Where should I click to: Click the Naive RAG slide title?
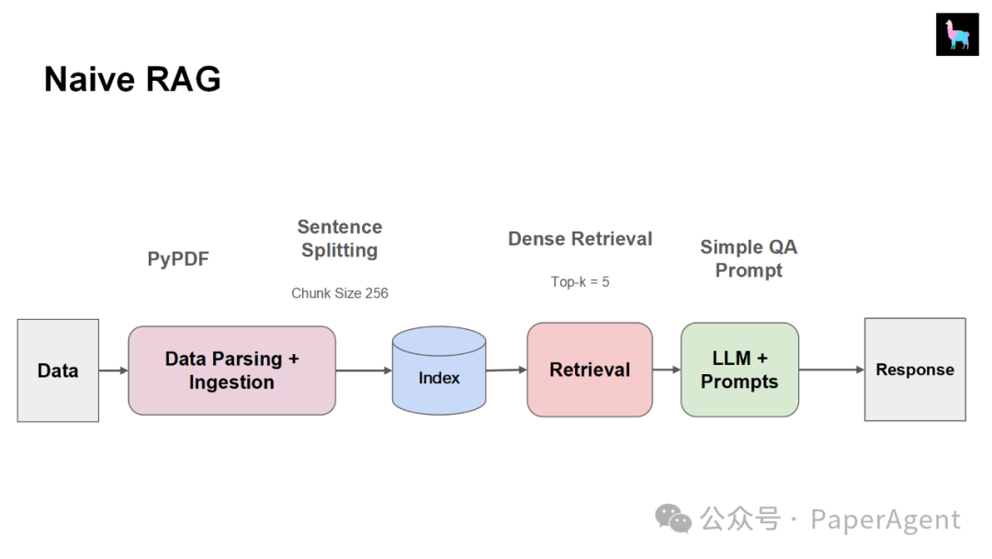[x=132, y=80]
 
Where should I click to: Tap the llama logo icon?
[x=957, y=35]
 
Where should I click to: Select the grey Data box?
[x=58, y=371]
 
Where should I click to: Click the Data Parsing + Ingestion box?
[x=231, y=371]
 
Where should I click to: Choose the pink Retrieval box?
[x=590, y=370]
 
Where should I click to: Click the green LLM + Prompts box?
[x=739, y=370]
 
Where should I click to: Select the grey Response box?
[x=915, y=370]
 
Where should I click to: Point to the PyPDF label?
[x=178, y=259]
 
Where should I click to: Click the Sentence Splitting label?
[x=340, y=238]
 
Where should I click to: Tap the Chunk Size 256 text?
[x=340, y=293]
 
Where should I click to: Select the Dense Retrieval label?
[x=581, y=239]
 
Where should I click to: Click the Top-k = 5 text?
[x=581, y=281]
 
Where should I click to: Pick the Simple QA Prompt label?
[x=749, y=258]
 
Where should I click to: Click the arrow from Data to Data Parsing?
[x=113, y=371]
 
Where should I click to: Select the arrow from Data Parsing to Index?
[x=364, y=371]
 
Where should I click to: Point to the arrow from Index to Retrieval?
[x=506, y=370]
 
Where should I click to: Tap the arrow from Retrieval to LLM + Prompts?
[x=667, y=370]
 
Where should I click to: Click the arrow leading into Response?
[x=831, y=370]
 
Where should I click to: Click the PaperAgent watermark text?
[x=885, y=519]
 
